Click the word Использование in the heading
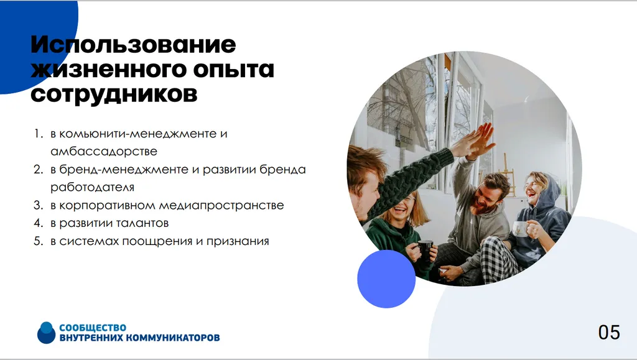[x=133, y=45]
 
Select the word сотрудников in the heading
[x=114, y=95]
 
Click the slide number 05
[x=609, y=332]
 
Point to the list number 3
[x=37, y=205]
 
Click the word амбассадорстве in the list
[x=104, y=151]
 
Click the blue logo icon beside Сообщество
[x=46, y=333]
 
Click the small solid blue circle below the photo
[x=386, y=279]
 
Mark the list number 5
[x=37, y=241]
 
